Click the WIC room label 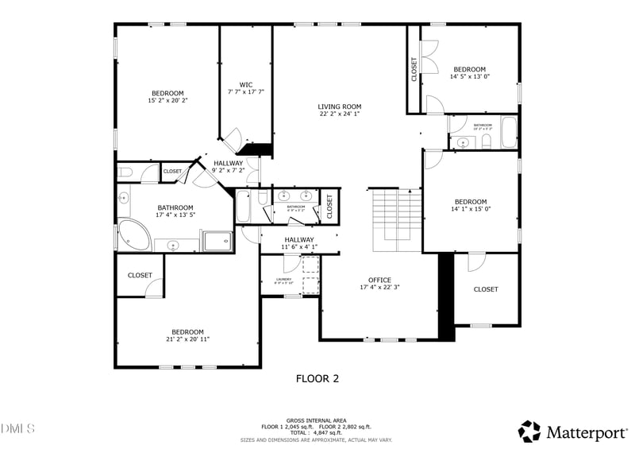(x=246, y=84)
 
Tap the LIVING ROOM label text (x=340, y=106)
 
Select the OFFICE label (x=379, y=280)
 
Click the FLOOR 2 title (x=317, y=379)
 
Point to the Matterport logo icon (x=529, y=432)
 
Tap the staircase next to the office (x=397, y=219)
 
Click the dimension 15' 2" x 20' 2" (x=167, y=101)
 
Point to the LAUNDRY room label (x=283, y=279)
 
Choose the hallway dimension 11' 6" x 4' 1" (x=298, y=247)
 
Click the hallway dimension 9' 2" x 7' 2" (x=228, y=171)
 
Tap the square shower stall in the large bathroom (x=217, y=240)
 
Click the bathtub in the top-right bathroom (x=509, y=132)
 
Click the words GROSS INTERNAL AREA (x=317, y=421)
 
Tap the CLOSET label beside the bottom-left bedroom (x=140, y=275)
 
